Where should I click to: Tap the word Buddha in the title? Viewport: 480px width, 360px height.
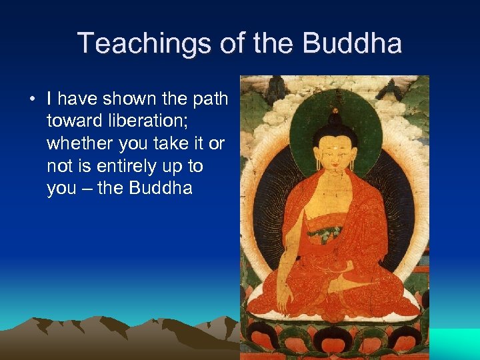point(352,44)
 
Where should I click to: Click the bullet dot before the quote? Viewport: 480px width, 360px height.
point(31,100)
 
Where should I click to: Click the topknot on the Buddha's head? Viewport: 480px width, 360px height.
point(334,117)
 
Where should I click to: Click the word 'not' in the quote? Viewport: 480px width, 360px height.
point(59,166)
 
